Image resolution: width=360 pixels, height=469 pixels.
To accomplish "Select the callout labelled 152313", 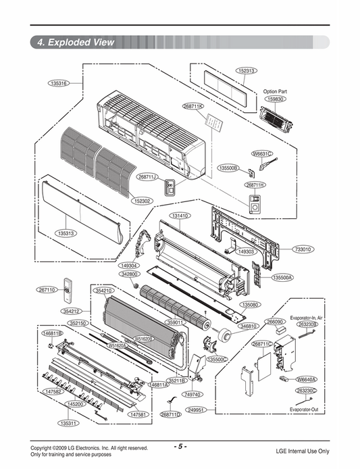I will (246, 70).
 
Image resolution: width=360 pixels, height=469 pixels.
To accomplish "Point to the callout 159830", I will (275, 99).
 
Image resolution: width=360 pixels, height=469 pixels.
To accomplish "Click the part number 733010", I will (303, 249).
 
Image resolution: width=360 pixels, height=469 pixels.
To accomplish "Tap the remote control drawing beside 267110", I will (67, 292).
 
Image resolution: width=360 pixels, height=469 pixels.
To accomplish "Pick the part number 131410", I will (180, 216).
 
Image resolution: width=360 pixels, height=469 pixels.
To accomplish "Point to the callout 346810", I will (248, 326).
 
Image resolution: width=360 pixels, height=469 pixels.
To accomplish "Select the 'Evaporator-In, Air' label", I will (306, 317).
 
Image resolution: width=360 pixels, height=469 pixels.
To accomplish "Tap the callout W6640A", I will (307, 380).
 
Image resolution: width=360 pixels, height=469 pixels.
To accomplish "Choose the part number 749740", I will (192, 394).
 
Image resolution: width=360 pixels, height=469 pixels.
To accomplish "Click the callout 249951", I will (197, 410).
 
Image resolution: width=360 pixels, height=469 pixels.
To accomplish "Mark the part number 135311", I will (68, 424).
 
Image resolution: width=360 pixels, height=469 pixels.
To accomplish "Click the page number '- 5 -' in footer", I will (180, 447).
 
